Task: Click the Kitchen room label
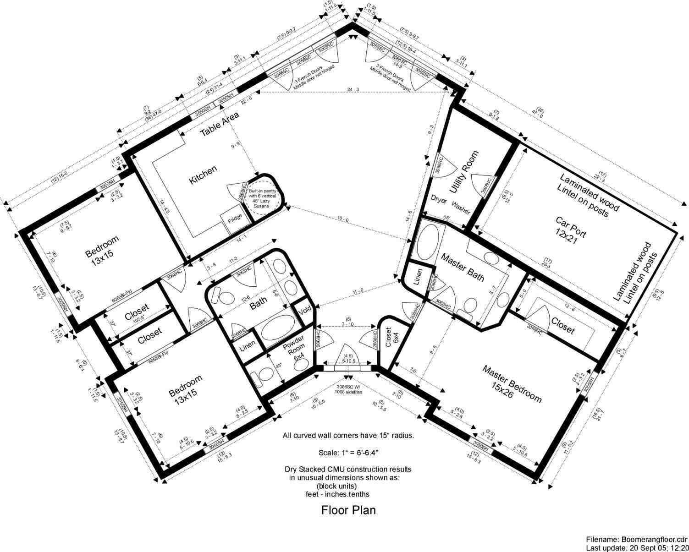203,175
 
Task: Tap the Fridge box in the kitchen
232,220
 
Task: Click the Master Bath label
462,268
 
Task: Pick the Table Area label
220,124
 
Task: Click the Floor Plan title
348,510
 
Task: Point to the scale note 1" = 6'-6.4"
348,453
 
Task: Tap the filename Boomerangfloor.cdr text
637,539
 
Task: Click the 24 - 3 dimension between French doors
353,90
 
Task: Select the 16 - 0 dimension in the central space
342,220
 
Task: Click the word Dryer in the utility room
439,200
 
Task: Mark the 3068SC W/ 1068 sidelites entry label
348,389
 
